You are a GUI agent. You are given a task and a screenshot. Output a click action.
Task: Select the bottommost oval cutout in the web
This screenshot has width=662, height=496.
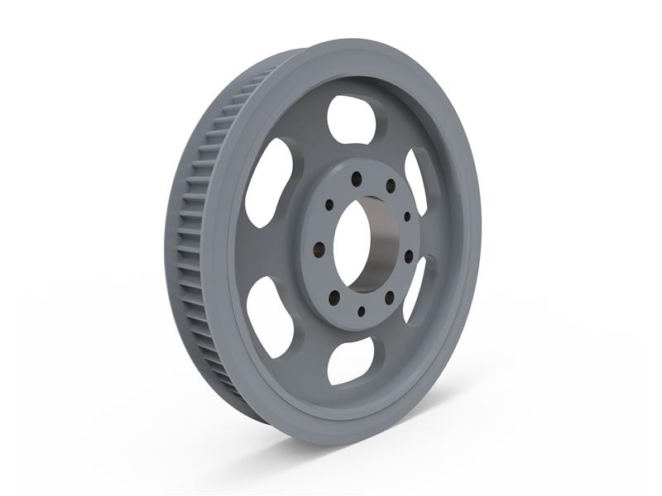pos(350,360)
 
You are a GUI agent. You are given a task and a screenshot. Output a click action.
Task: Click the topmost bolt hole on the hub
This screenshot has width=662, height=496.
pos(356,179)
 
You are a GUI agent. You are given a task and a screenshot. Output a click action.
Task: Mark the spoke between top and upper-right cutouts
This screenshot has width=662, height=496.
pos(396,141)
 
